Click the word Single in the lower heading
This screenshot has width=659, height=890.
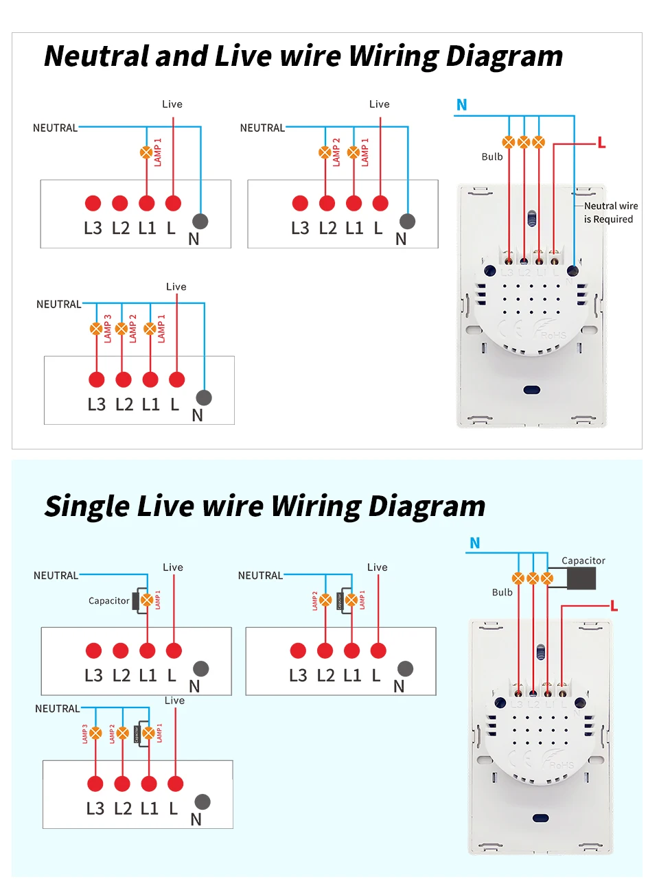[x=87, y=506]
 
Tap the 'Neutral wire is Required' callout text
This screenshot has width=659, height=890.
[x=610, y=213]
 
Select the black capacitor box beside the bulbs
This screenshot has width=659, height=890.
[x=581, y=578]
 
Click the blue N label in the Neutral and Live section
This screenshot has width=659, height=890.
[x=461, y=105]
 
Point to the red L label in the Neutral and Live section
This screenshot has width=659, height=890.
[x=601, y=143]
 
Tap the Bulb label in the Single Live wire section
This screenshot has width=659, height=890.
[x=502, y=592]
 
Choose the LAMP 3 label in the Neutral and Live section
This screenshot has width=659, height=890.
[x=108, y=329]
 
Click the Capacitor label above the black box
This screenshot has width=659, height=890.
[x=583, y=561]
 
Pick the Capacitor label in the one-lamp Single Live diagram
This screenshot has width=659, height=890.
[x=108, y=601]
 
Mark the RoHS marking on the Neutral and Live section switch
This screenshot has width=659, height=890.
[x=553, y=335]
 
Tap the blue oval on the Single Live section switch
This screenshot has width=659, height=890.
[x=541, y=818]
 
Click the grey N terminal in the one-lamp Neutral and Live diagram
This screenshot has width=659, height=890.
[x=200, y=221]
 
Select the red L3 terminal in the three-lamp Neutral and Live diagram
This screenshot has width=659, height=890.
[x=97, y=379]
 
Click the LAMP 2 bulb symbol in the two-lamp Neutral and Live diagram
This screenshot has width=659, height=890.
[x=325, y=152]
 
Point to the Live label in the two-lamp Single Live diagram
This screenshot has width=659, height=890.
[x=377, y=567]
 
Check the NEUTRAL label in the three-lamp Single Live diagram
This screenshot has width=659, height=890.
[x=57, y=709]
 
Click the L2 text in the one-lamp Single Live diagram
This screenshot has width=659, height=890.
[x=121, y=676]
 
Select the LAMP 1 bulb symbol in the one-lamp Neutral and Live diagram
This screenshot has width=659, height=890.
[x=146, y=152]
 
